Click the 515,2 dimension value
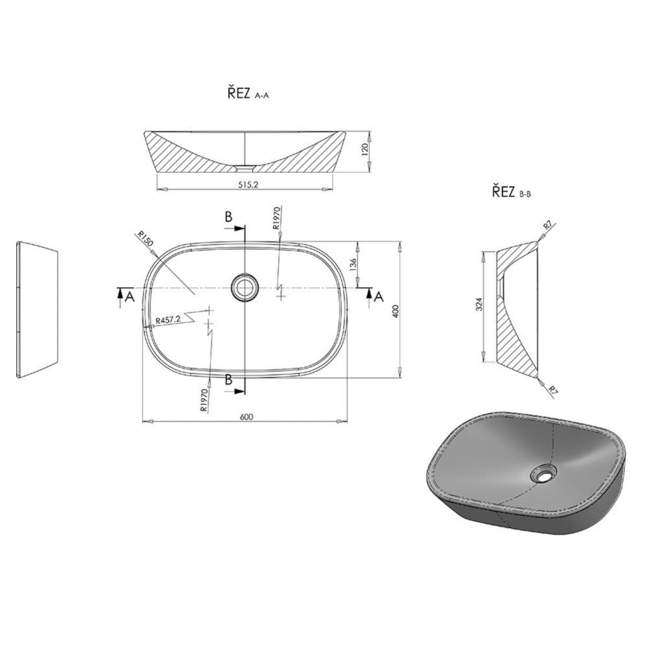pyautogui.click(x=248, y=185)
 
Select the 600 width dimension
pyautogui.click(x=246, y=417)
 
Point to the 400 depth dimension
pyautogui.click(x=395, y=312)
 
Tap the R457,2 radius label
pyautogui.click(x=168, y=320)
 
